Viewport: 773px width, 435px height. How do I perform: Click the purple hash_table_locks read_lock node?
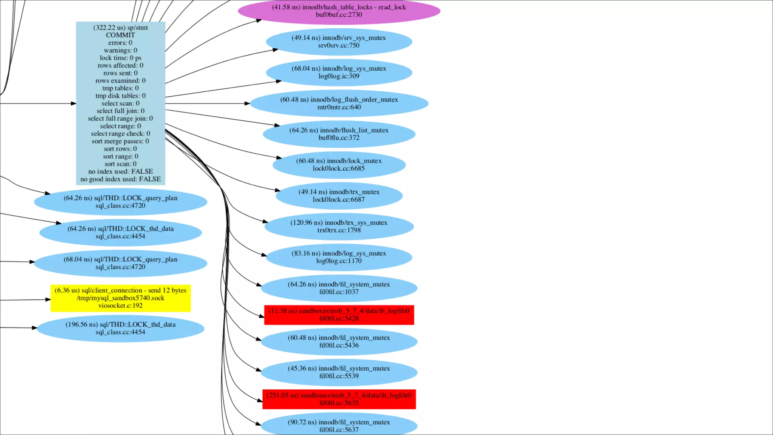pos(339,11)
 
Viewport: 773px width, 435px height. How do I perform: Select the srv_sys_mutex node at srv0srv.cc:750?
pos(339,42)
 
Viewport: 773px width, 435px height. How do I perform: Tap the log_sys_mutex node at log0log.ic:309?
pos(339,72)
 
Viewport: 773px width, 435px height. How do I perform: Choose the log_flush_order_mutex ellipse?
pos(339,103)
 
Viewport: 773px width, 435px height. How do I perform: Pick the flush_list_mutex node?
pos(339,134)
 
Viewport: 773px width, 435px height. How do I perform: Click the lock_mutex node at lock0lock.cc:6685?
pos(339,165)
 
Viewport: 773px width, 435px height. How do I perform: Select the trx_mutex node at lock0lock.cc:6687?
pos(339,196)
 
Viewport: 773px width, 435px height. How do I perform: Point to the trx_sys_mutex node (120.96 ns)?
pos(339,227)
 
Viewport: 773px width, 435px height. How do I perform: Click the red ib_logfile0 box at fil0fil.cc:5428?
pos(339,315)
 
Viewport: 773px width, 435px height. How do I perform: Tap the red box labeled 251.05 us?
pos(339,399)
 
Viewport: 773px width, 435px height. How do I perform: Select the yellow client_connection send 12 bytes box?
pos(120,298)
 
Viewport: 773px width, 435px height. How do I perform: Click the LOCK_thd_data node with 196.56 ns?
pos(120,328)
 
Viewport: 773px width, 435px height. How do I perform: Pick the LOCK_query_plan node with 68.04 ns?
pos(120,263)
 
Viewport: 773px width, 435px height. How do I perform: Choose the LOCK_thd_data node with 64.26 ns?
pos(120,232)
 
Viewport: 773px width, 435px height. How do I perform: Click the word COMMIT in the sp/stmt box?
pos(120,35)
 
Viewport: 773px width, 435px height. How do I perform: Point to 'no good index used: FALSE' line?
pos(120,179)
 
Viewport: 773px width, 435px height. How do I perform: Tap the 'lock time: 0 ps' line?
pos(120,58)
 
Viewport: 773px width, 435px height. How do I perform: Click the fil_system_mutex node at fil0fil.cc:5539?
pos(339,372)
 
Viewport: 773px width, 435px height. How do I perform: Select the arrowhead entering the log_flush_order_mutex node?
pos(247,103)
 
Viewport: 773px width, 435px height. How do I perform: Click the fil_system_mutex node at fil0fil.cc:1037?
pos(339,288)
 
